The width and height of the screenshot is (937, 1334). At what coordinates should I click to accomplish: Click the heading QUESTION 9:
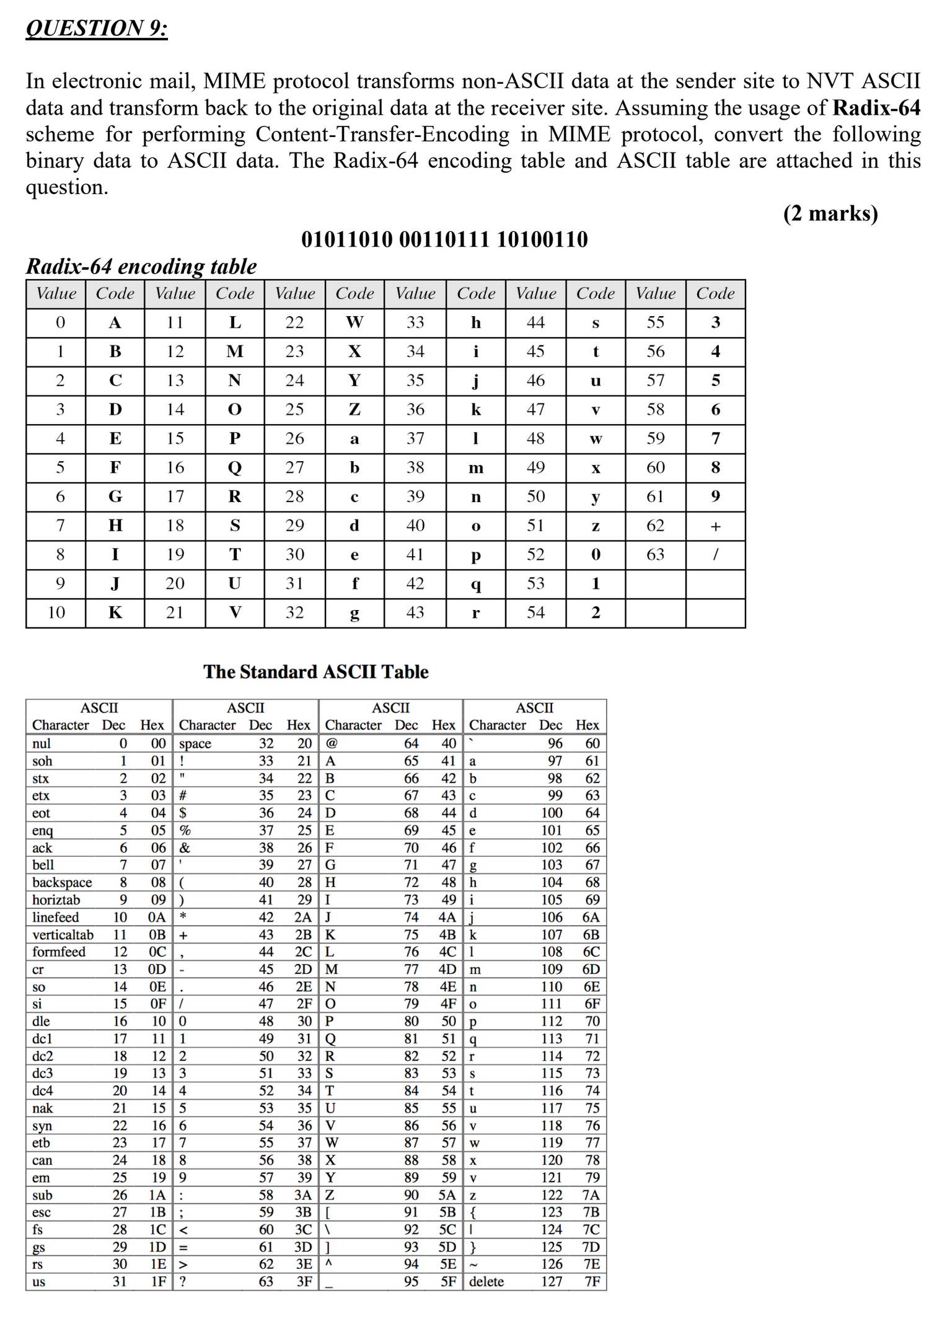pyautogui.click(x=97, y=28)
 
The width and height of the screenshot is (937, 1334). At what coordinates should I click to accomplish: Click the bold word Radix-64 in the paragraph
pyautogui.click(x=876, y=108)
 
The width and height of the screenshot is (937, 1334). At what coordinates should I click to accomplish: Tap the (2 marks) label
pyautogui.click(x=830, y=213)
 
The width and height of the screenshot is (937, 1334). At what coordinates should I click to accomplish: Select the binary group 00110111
pyautogui.click(x=444, y=239)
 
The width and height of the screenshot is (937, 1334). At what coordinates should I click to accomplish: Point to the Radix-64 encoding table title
pyautogui.click(x=141, y=267)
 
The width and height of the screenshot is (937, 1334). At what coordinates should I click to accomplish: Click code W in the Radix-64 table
pyautogui.click(x=354, y=322)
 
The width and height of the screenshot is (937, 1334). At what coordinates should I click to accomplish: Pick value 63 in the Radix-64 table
pyautogui.click(x=655, y=554)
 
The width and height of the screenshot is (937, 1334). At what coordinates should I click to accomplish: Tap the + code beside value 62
pyautogui.click(x=715, y=526)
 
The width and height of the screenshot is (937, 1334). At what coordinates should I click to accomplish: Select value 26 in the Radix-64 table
pyautogui.click(x=294, y=438)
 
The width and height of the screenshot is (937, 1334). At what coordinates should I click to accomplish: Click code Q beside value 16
pyautogui.click(x=235, y=467)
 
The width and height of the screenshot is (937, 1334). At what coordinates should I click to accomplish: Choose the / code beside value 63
pyautogui.click(x=715, y=554)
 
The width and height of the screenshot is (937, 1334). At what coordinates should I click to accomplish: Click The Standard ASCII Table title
pyautogui.click(x=316, y=672)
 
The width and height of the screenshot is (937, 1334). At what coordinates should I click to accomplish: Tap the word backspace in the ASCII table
pyautogui.click(x=62, y=882)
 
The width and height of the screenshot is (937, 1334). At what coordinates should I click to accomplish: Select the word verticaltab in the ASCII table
pyautogui.click(x=63, y=935)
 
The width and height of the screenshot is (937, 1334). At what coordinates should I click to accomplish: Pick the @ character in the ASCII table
pyautogui.click(x=332, y=743)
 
